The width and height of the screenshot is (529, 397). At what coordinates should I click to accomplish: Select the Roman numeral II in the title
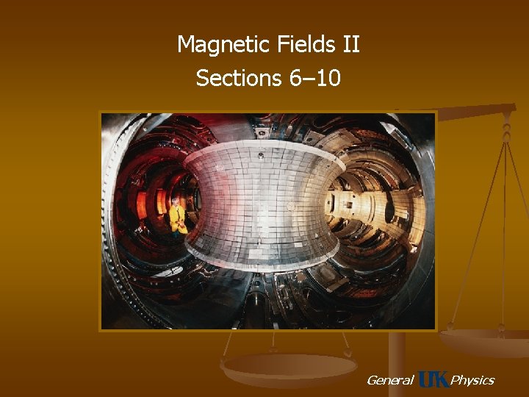pyautogui.click(x=350, y=46)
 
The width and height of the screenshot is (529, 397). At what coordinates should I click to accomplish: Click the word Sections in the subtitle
pyautogui.click(x=236, y=77)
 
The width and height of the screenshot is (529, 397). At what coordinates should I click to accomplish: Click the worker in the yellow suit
pyautogui.click(x=177, y=217)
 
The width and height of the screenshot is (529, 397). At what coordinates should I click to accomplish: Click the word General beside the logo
pyautogui.click(x=389, y=380)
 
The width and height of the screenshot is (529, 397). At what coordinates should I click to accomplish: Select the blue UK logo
pyautogui.click(x=433, y=379)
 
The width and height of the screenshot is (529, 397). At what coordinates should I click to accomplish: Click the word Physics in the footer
pyautogui.click(x=472, y=380)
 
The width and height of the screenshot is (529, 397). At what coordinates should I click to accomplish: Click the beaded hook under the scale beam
pyautogui.click(x=506, y=132)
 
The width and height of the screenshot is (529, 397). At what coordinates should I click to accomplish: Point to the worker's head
pyautogui.click(x=176, y=201)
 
